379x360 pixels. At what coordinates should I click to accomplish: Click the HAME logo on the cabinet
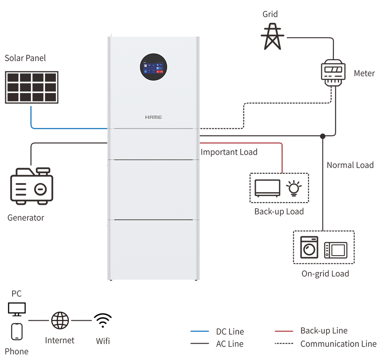coord(153,117)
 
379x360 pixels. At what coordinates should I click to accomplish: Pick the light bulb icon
coord(294,188)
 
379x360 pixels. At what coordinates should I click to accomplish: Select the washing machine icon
coord(309,247)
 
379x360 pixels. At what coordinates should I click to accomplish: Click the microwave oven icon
coord(336,250)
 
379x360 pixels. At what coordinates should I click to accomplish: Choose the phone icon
coord(17,331)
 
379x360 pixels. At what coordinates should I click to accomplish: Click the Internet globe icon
coord(60,321)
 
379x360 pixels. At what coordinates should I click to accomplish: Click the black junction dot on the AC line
coord(323,136)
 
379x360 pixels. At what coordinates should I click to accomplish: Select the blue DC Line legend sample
coord(199,332)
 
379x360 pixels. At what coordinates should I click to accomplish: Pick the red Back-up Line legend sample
coord(284,331)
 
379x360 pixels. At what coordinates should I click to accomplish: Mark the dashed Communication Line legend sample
coord(284,344)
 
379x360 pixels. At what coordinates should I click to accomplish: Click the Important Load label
coord(229,152)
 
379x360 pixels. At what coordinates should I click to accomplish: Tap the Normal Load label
coord(350,165)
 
